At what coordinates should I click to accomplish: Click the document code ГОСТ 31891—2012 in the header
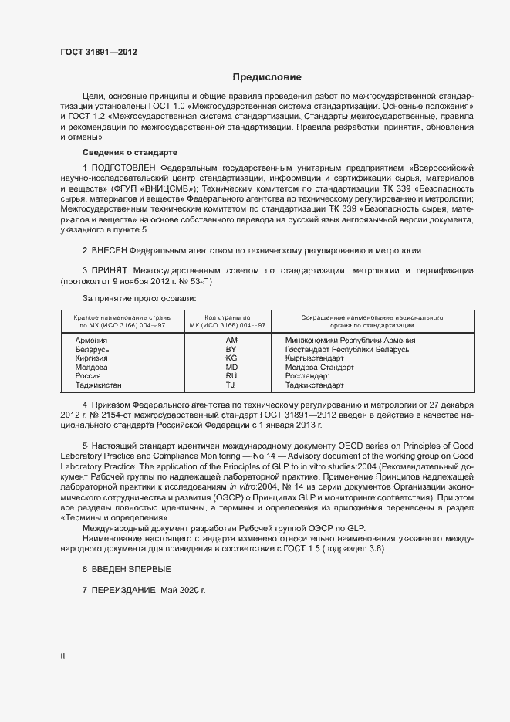[100, 53]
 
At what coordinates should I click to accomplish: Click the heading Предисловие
[267, 77]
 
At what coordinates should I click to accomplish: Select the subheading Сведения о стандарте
[130, 152]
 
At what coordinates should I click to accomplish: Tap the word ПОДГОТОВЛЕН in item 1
[123, 167]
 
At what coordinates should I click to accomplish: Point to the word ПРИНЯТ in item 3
[110, 272]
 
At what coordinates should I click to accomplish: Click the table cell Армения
[90, 340]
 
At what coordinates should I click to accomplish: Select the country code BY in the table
[231, 349]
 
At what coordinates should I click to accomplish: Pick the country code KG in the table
[231, 358]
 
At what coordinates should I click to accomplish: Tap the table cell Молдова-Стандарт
[318, 367]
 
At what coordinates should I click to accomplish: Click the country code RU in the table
[231, 375]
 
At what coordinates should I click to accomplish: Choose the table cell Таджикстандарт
[314, 385]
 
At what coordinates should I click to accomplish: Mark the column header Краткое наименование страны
[123, 317]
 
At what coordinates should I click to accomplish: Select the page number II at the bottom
[62, 656]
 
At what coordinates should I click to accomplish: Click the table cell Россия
[87, 375]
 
